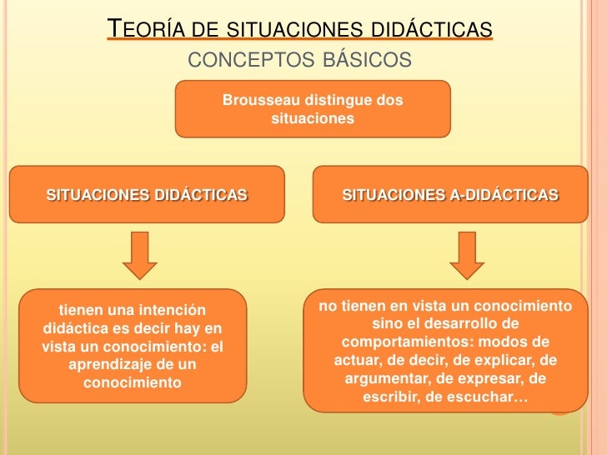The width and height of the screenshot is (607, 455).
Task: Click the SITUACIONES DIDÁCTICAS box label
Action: click(x=147, y=195)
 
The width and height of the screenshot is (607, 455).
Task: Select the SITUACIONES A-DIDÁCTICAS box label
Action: click(x=450, y=195)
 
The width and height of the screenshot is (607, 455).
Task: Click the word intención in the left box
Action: click(x=165, y=311)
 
